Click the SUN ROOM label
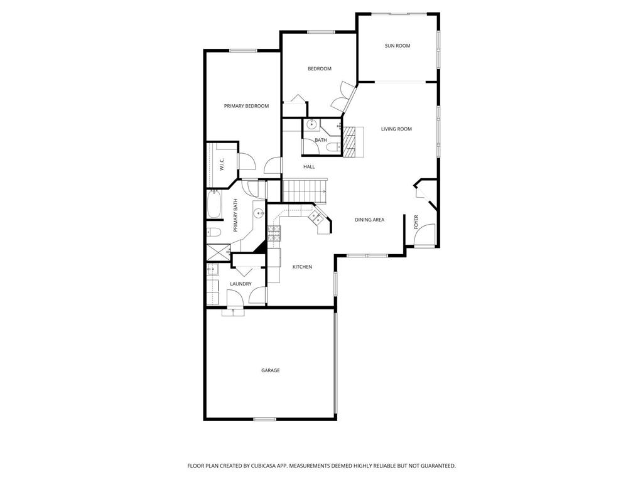pyautogui.click(x=397, y=46)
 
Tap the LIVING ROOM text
pyautogui.click(x=396, y=129)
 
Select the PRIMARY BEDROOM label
pyautogui.click(x=246, y=106)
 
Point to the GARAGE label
pyautogui.click(x=271, y=370)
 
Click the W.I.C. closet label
pyautogui.click(x=222, y=164)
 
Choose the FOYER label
pyautogui.click(x=416, y=222)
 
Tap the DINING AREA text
pyautogui.click(x=369, y=220)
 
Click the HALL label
pyautogui.click(x=309, y=167)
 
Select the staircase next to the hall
pyautogui.click(x=304, y=187)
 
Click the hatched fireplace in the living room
pyautogui.click(x=353, y=141)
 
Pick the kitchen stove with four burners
pyautogui.click(x=274, y=233)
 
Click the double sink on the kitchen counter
pyautogui.click(x=316, y=217)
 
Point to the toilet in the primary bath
pyautogui.click(x=213, y=233)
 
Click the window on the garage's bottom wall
pyautogui.click(x=264, y=419)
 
